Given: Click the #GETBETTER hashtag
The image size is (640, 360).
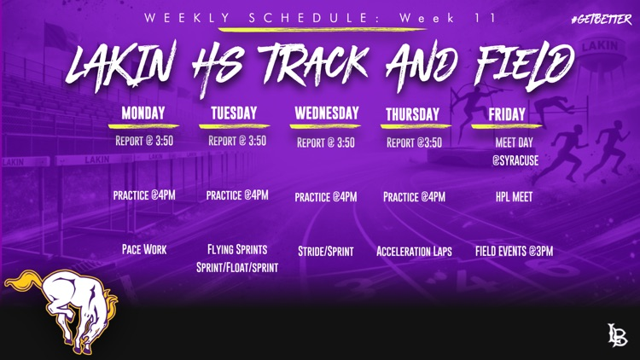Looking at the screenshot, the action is (x=602, y=19).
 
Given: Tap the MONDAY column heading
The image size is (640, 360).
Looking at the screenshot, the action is (x=143, y=113).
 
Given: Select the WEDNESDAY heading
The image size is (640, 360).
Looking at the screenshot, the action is (x=327, y=113).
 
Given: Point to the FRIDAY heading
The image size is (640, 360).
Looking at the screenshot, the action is (x=507, y=114).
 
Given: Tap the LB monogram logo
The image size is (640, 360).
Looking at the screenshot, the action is (x=617, y=334).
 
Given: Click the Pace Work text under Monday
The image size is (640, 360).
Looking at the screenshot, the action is (x=144, y=249).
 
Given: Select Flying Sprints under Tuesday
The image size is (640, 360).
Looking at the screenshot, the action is (x=237, y=249).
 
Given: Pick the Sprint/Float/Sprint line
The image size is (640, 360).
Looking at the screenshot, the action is (x=237, y=267).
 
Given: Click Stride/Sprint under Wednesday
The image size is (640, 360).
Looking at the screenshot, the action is (x=326, y=251).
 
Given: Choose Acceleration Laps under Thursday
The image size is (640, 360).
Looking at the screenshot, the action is (x=414, y=251).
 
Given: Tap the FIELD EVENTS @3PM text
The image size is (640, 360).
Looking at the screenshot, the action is (x=514, y=251).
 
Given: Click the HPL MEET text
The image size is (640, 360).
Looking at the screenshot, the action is (x=514, y=197).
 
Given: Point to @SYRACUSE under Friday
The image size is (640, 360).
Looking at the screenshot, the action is (x=515, y=160).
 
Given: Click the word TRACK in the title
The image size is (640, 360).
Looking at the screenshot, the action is (x=312, y=65).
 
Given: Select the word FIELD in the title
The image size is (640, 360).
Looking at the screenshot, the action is (x=525, y=66).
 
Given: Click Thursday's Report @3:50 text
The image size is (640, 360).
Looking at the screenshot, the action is (x=414, y=142).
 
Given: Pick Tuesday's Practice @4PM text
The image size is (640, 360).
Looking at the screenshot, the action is (x=237, y=195).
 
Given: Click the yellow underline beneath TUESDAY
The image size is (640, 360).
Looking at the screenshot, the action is (x=234, y=126).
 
